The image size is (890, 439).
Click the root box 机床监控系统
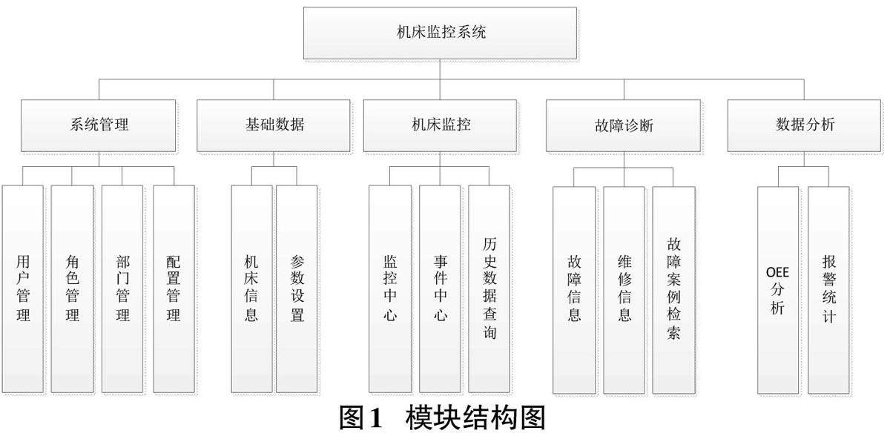(440, 33)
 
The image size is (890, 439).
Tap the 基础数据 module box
(274, 125)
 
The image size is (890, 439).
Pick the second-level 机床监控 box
(441, 125)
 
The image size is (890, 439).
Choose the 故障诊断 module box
(623, 125)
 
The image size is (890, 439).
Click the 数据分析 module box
(805, 125)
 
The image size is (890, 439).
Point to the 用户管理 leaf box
(23, 288)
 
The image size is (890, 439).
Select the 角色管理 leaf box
(73, 288)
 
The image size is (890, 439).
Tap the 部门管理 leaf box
(123, 288)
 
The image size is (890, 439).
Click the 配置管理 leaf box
(174, 288)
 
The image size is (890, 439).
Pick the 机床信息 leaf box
(251, 288)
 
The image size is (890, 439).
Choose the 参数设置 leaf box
(297, 288)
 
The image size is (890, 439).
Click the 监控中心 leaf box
(390, 288)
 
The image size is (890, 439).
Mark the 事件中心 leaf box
(440, 288)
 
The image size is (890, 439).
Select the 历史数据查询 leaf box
(489, 288)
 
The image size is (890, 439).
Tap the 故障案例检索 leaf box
(673, 288)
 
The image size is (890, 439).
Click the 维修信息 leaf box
(624, 288)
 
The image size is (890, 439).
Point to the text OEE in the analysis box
(778, 271)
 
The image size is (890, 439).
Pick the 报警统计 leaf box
(828, 288)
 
